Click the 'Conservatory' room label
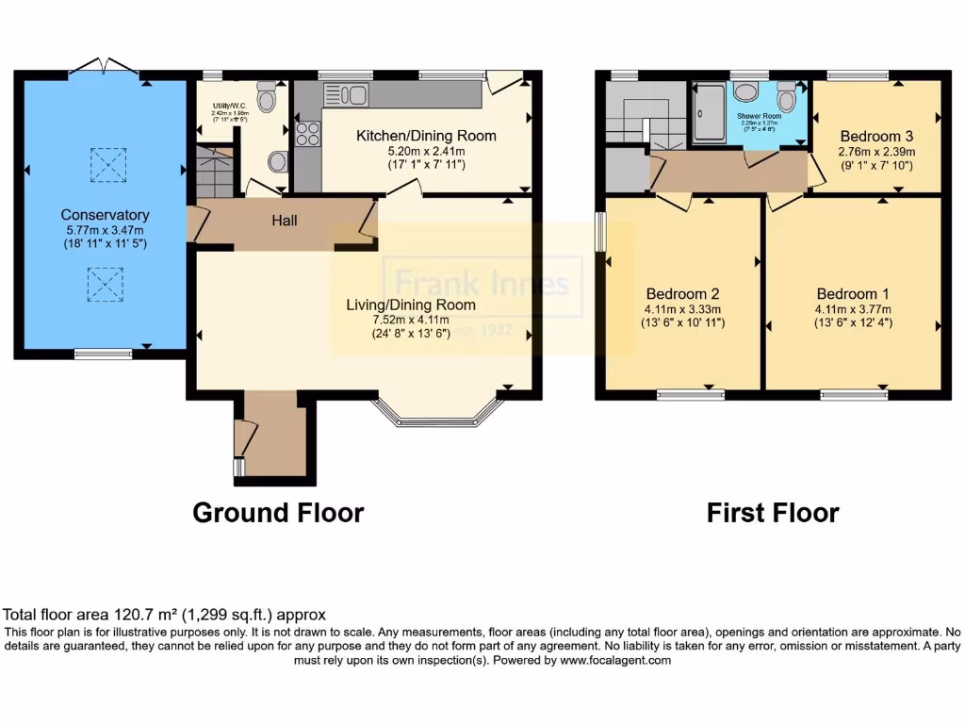105,215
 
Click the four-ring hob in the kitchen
308,134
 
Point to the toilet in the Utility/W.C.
266,95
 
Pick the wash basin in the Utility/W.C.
277,162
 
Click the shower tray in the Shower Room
709,113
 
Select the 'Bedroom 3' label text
876,135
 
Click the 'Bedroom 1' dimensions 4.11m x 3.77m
854,309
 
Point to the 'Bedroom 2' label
683,292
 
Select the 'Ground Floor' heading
278,513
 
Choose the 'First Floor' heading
773,513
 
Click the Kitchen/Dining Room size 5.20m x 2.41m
412,150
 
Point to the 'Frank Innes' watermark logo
482,283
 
